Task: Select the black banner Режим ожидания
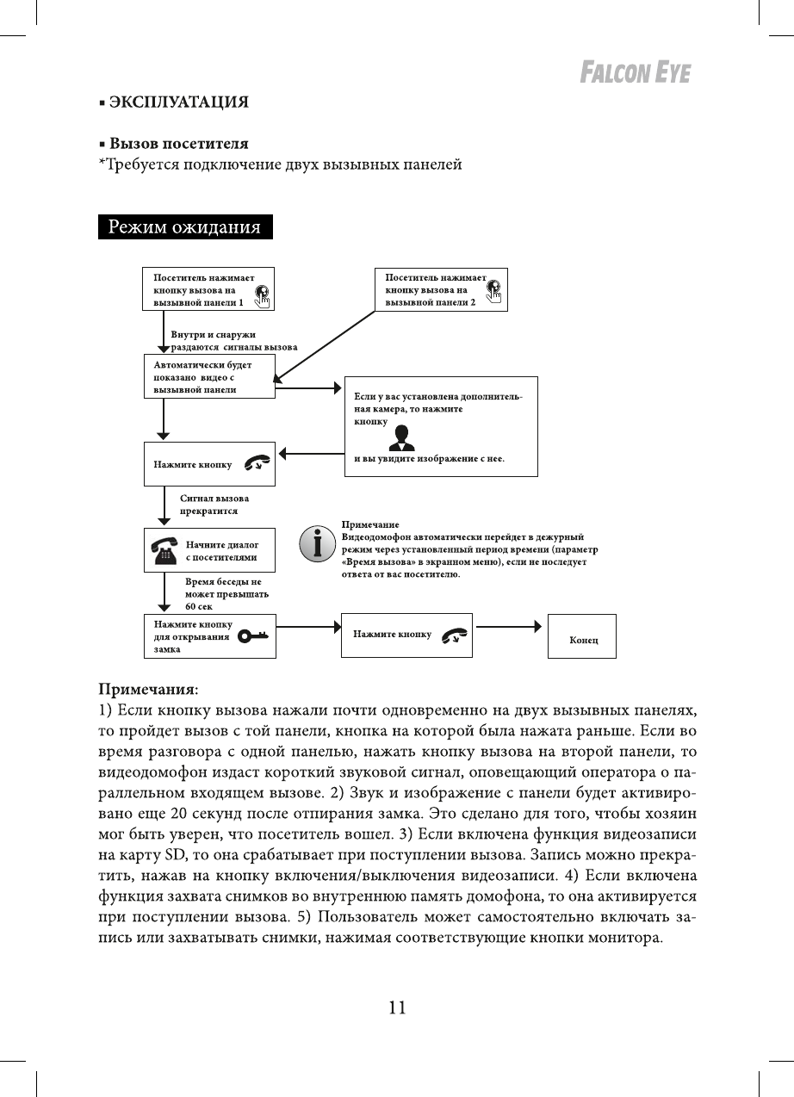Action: pyautogui.click(x=184, y=227)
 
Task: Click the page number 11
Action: pyautogui.click(x=396, y=1007)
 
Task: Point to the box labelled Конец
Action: pyautogui.click(x=582, y=637)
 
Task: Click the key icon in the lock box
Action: pyautogui.click(x=253, y=635)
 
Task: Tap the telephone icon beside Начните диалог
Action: pyautogui.click(x=164, y=550)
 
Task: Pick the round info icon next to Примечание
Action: pyautogui.click(x=317, y=544)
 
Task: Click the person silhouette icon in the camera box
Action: pyautogui.click(x=401, y=437)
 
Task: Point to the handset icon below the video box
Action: pyautogui.click(x=256, y=464)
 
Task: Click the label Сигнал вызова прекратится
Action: pyautogui.click(x=214, y=505)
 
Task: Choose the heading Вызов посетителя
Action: pyautogui.click(x=178, y=143)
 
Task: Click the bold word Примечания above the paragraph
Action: pyautogui.click(x=147, y=690)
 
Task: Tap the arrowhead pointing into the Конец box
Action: pyautogui.click(x=540, y=626)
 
